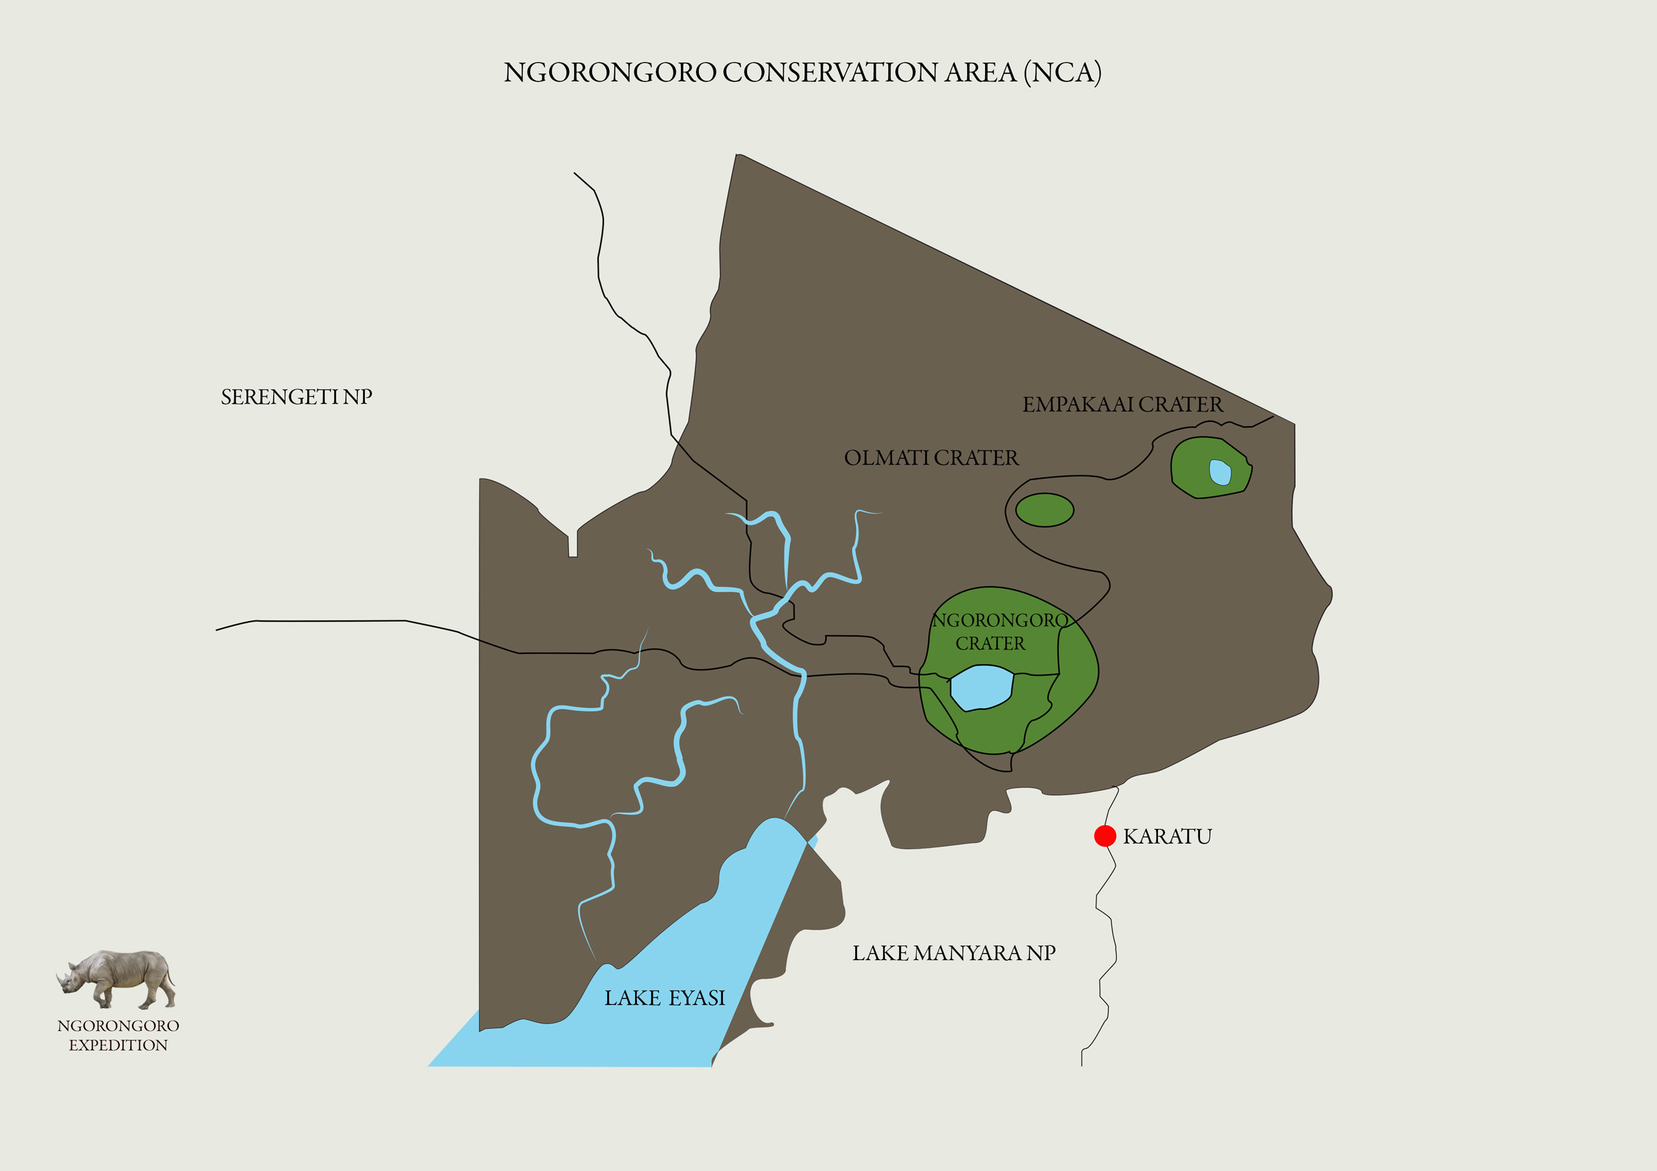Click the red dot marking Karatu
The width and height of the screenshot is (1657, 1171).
click(1105, 835)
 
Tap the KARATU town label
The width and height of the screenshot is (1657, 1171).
click(1167, 837)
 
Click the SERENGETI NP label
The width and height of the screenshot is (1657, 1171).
click(296, 397)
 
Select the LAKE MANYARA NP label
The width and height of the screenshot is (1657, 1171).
click(953, 953)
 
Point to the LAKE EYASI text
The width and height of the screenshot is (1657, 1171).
click(664, 998)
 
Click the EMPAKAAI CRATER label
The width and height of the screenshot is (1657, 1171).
click(1122, 404)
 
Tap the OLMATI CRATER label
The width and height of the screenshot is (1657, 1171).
click(931, 457)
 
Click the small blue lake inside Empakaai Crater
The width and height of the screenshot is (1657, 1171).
click(1219, 472)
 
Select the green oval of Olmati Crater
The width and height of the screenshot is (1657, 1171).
click(1044, 510)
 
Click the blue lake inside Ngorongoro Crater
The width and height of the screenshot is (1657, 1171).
click(981, 687)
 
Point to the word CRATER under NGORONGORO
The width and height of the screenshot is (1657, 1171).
click(990, 643)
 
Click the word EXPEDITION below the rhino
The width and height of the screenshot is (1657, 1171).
click(118, 1045)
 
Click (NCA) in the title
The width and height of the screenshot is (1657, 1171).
click(1062, 72)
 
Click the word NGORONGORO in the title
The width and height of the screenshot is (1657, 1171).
click(610, 72)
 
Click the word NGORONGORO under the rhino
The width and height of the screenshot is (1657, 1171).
click(118, 1025)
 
